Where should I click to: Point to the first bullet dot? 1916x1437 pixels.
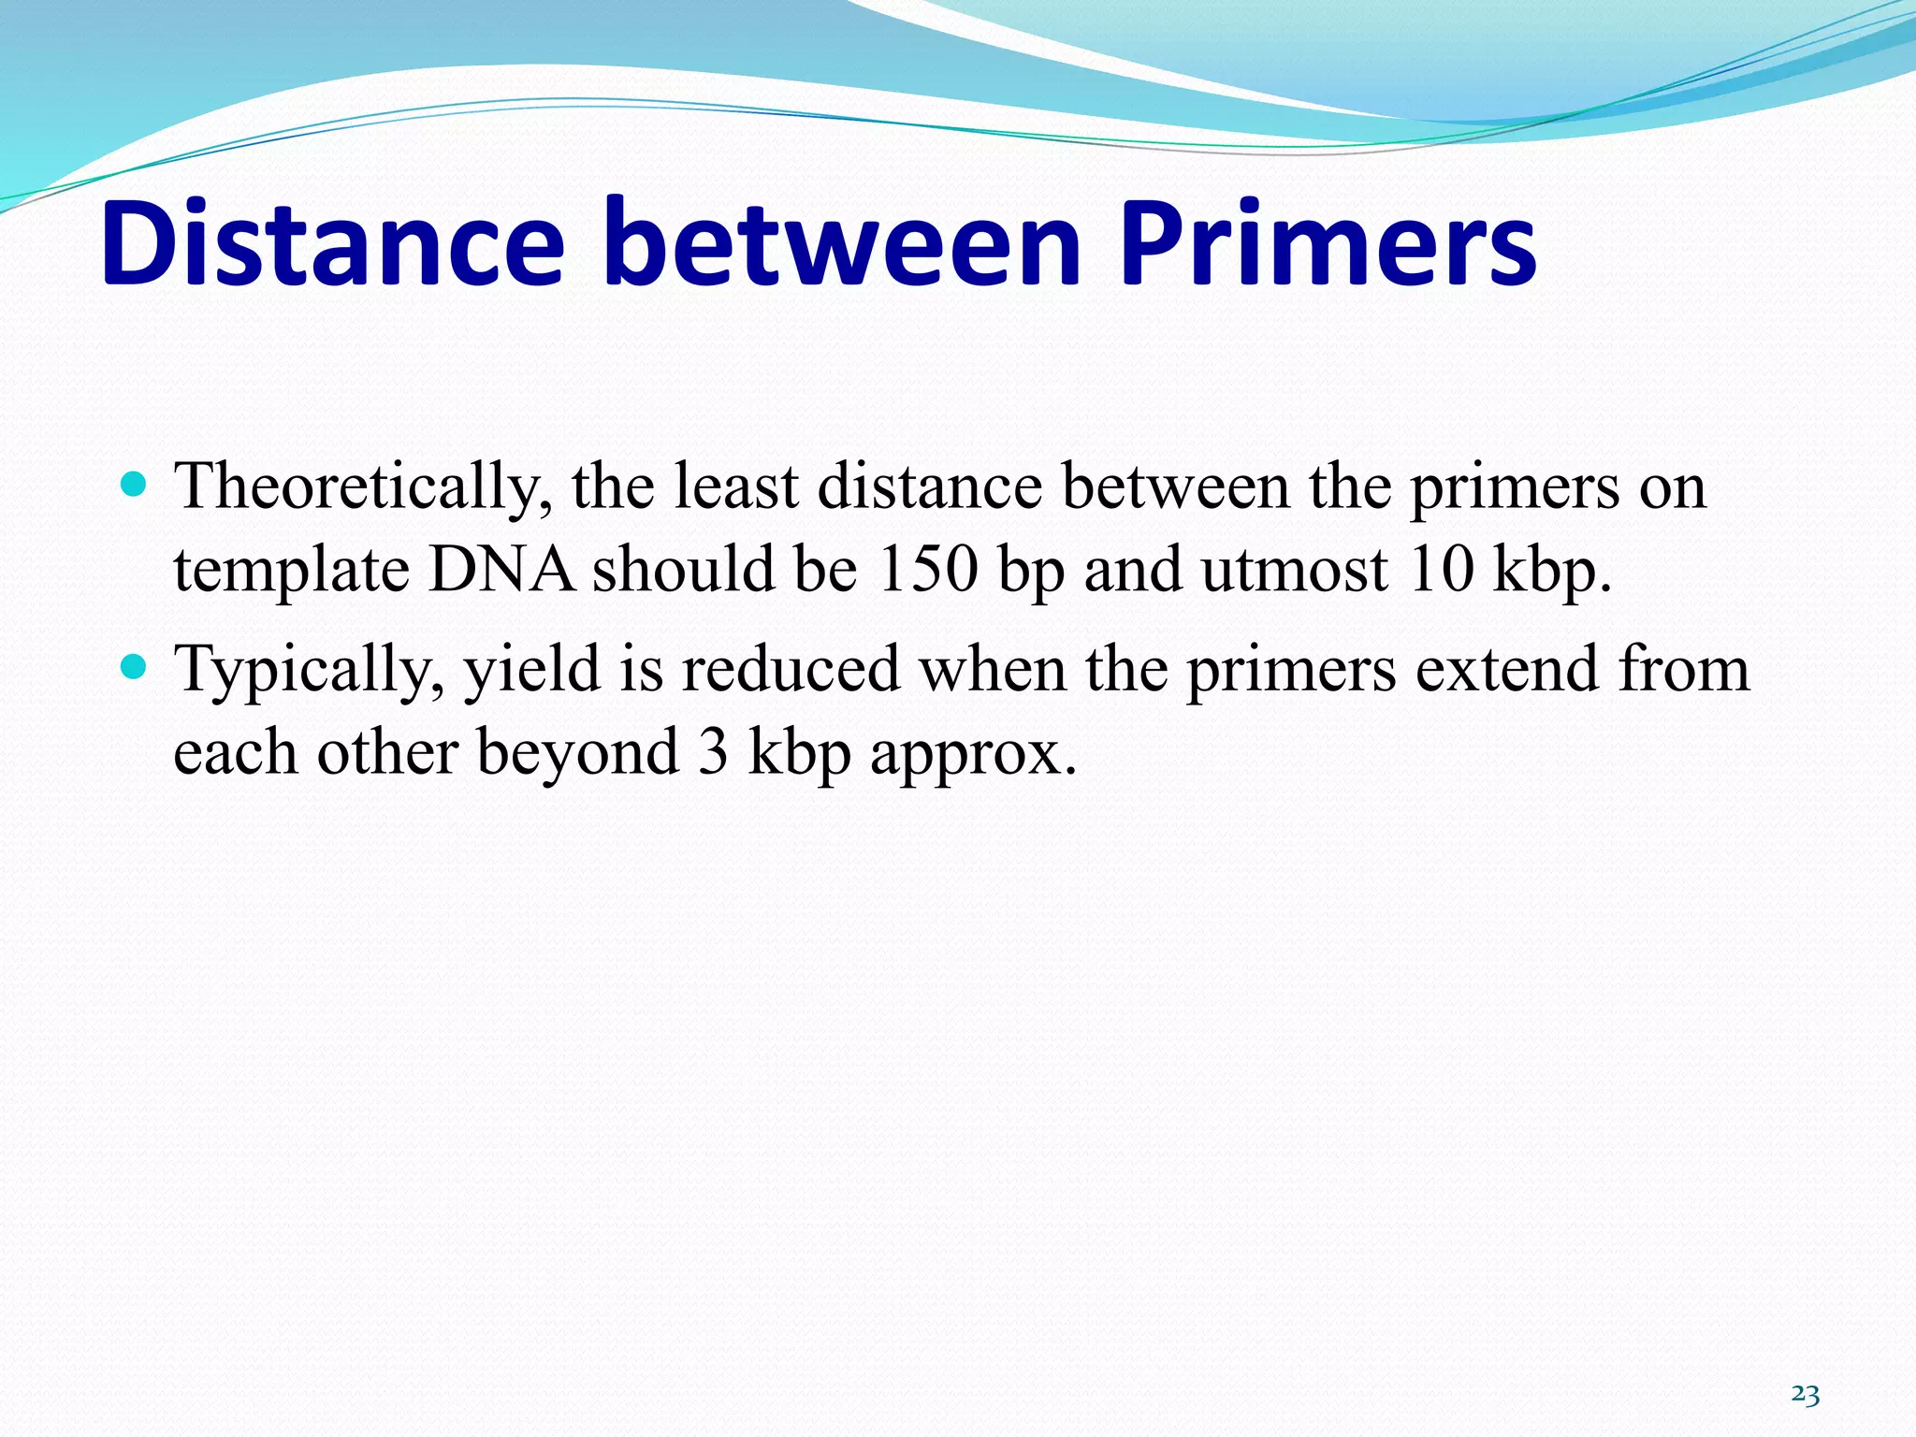(136, 484)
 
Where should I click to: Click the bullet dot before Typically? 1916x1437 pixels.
(136, 666)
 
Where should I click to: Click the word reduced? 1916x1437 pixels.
(791, 670)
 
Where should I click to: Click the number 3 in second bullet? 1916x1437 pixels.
(713, 752)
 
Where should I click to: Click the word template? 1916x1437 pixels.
(291, 571)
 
